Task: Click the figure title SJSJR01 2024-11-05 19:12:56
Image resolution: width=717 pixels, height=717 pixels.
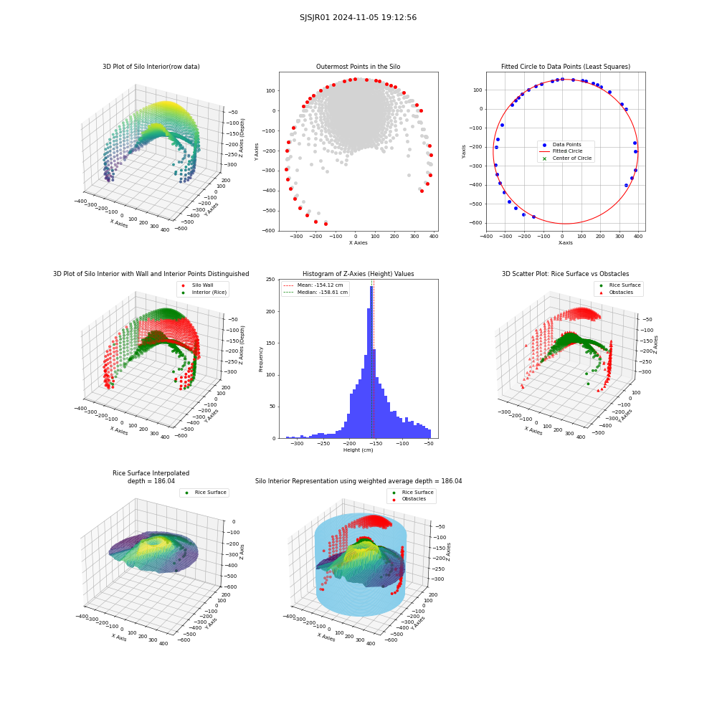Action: tap(358, 17)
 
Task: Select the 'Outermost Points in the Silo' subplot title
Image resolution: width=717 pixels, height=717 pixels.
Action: tap(358, 67)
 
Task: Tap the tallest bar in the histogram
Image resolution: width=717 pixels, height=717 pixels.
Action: tap(371, 362)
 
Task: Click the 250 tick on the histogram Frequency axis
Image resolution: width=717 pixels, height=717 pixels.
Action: tap(271, 280)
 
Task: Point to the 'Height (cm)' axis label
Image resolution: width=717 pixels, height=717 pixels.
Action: tap(358, 450)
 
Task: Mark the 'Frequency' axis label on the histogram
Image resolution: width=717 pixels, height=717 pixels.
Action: tap(261, 359)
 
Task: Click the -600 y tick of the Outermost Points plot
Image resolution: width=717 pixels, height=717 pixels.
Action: tap(270, 231)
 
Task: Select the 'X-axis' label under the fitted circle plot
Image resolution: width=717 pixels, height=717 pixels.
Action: tap(565, 243)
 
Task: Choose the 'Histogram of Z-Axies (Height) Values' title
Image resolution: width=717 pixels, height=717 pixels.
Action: tap(358, 274)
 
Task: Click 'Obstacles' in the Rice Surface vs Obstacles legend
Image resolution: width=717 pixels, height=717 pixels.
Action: tap(621, 293)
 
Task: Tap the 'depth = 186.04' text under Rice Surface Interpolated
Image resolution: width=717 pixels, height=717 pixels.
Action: tap(151, 481)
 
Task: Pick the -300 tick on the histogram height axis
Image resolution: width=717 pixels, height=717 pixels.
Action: tap(298, 444)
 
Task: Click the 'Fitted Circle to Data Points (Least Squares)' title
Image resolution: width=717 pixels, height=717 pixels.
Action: tap(566, 67)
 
